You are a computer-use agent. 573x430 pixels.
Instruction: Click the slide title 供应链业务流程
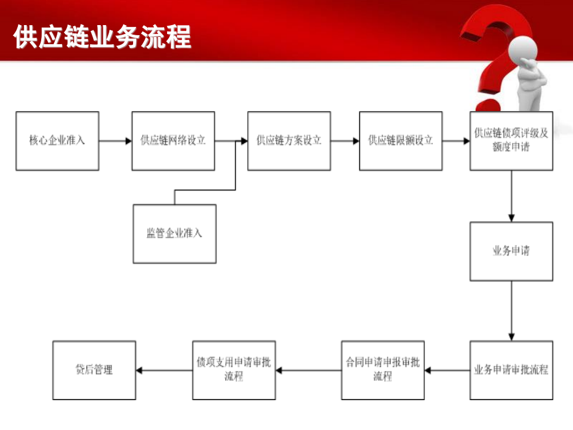[102, 37]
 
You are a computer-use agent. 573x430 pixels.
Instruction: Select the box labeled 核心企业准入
[57, 141]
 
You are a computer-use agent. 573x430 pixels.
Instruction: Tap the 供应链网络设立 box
[173, 141]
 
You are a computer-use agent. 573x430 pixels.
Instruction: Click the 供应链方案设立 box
[289, 141]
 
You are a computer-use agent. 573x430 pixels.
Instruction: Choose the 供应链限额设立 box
[401, 141]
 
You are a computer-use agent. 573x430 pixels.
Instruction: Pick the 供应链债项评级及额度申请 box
[511, 141]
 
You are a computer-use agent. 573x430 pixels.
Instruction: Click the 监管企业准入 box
[174, 234]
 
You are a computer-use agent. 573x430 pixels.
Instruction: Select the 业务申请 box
[511, 251]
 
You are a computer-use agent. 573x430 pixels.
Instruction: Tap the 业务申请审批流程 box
[511, 370]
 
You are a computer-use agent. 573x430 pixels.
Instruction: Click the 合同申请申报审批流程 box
[383, 370]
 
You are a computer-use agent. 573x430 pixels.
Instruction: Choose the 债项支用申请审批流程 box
[234, 370]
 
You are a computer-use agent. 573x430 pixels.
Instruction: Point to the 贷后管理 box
[94, 370]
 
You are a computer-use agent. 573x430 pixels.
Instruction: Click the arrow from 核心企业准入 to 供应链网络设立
[115, 142]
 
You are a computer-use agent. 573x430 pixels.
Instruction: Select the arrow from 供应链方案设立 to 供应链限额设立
[345, 142]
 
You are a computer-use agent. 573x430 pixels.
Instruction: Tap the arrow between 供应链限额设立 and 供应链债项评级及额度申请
[456, 142]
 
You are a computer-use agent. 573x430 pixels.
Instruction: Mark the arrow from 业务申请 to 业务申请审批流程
[511, 311]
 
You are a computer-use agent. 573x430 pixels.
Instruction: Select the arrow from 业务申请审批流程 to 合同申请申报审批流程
[447, 370]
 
